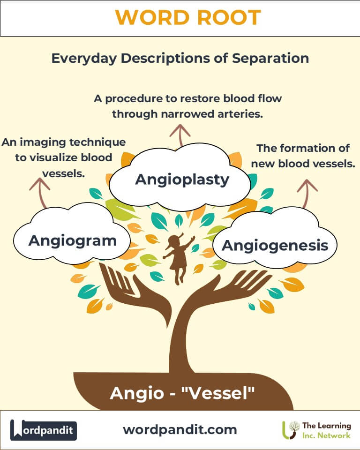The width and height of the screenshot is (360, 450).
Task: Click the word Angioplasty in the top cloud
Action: pos(182,180)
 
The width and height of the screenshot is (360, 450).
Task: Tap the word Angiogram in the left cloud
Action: pos(73,241)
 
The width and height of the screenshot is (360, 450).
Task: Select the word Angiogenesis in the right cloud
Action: pos(275,246)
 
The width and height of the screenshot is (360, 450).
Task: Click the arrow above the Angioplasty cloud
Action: pos(180,135)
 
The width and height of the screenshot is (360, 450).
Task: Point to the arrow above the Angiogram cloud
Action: pos(41,192)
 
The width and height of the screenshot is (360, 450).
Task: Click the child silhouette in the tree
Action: pos(178,258)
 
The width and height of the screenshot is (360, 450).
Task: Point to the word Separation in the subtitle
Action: pos(270,59)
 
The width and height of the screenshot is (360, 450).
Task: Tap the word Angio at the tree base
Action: pos(137,394)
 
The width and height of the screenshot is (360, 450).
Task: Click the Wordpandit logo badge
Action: pos(43,430)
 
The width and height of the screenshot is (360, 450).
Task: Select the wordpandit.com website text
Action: pos(180,430)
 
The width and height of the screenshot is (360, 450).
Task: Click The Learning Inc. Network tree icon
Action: pos(290,430)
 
